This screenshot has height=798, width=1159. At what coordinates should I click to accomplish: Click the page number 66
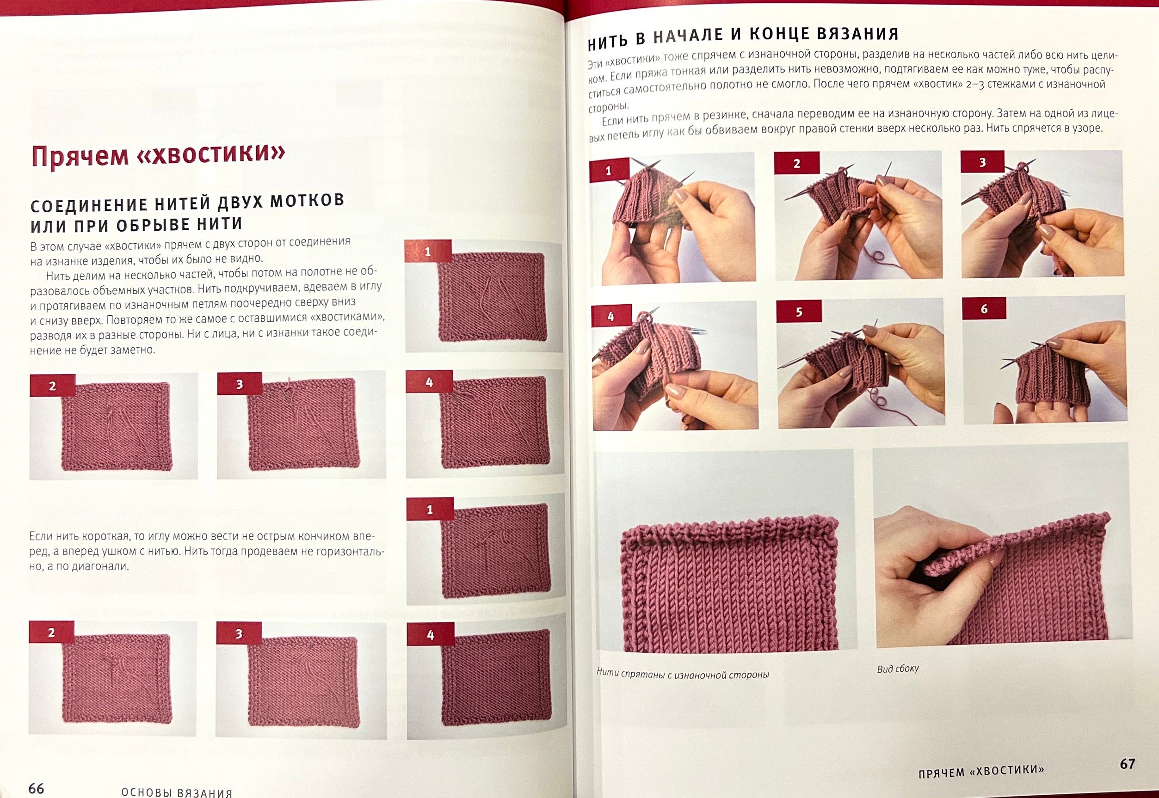coord(37,788)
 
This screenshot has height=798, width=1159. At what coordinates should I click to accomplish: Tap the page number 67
coord(1128,763)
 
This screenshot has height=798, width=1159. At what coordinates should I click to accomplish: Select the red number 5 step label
coord(799,312)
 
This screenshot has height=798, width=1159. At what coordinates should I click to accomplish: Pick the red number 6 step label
coord(984,309)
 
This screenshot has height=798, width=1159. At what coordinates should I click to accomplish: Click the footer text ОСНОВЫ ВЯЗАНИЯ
coord(177,792)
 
